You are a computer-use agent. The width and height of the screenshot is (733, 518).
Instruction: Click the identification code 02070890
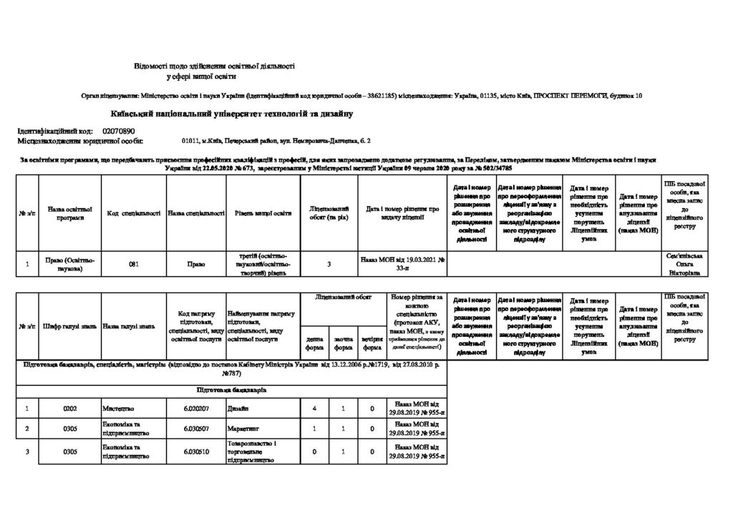pyautogui.click(x=119, y=132)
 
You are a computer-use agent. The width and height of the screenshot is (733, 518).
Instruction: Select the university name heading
pyautogui.click(x=231, y=114)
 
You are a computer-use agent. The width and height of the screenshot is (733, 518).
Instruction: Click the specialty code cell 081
pyautogui.click(x=133, y=265)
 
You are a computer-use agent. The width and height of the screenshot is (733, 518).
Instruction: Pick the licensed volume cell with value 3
pyautogui.click(x=329, y=265)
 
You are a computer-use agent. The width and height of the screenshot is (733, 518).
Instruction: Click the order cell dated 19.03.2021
pyautogui.click(x=402, y=265)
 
